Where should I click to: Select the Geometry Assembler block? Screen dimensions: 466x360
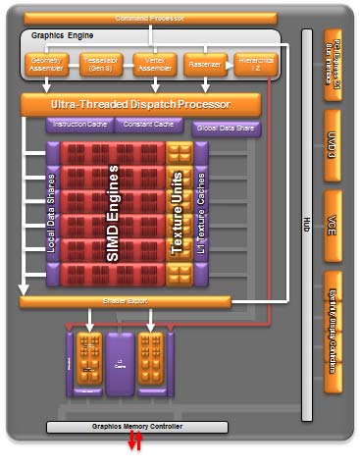click(x=44, y=64)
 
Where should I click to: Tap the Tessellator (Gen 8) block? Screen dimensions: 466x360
click(x=97, y=64)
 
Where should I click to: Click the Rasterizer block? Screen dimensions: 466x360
click(x=204, y=64)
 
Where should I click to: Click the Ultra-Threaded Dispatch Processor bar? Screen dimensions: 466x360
click(x=140, y=103)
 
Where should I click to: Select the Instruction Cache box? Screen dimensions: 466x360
click(x=77, y=125)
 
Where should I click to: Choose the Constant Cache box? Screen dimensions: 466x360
click(x=147, y=125)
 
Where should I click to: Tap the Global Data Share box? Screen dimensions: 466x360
click(x=225, y=128)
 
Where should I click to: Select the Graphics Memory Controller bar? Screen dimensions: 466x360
click(x=136, y=427)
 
